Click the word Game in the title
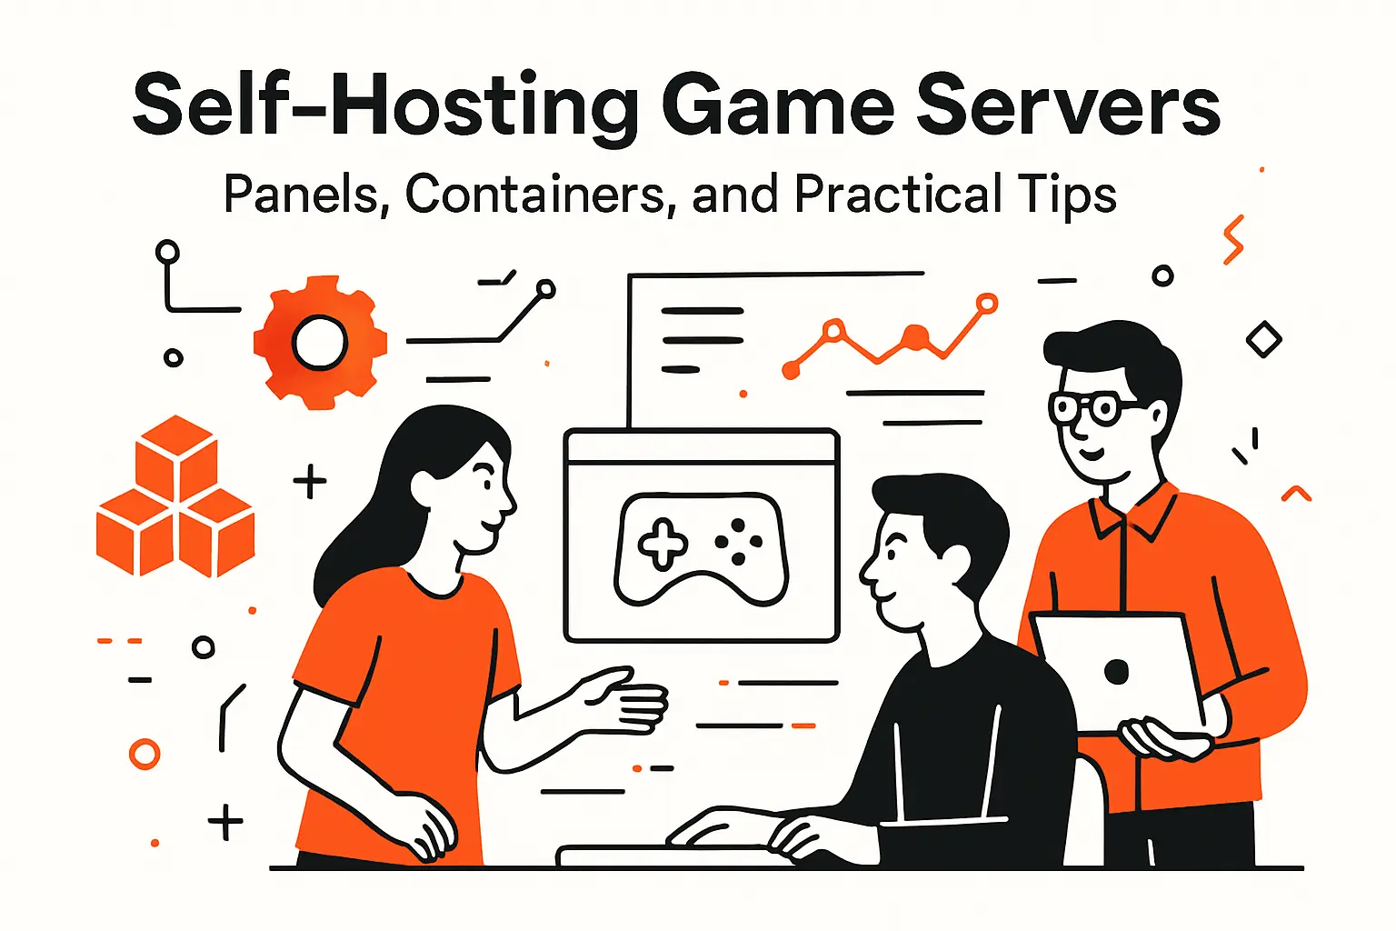[778, 105]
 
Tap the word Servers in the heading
[1067, 105]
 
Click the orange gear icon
[320, 343]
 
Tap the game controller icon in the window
[701, 549]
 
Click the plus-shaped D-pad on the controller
[663, 544]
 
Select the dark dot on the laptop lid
[1116, 671]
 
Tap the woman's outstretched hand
[627, 700]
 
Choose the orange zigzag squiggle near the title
[1232, 240]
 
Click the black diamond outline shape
[1263, 340]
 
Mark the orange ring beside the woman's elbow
[145, 754]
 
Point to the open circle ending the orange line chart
[986, 304]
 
